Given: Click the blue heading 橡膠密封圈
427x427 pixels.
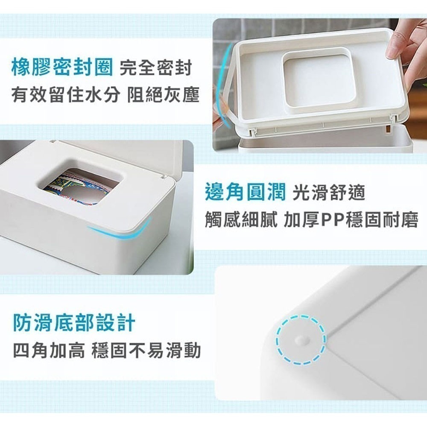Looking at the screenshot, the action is (62, 67).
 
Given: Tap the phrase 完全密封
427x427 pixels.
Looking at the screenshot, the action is (156, 67).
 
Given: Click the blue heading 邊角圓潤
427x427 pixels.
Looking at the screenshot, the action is (246, 192).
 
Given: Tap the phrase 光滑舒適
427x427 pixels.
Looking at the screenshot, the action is (329, 193).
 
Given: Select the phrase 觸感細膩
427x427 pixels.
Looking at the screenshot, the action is (241, 220).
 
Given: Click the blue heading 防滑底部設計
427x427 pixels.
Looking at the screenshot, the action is (74, 323).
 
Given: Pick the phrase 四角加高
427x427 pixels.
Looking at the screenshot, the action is (49, 351).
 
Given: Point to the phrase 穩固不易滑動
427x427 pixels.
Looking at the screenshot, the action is (146, 351).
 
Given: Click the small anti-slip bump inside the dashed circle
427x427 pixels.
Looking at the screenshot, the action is (301, 339).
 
